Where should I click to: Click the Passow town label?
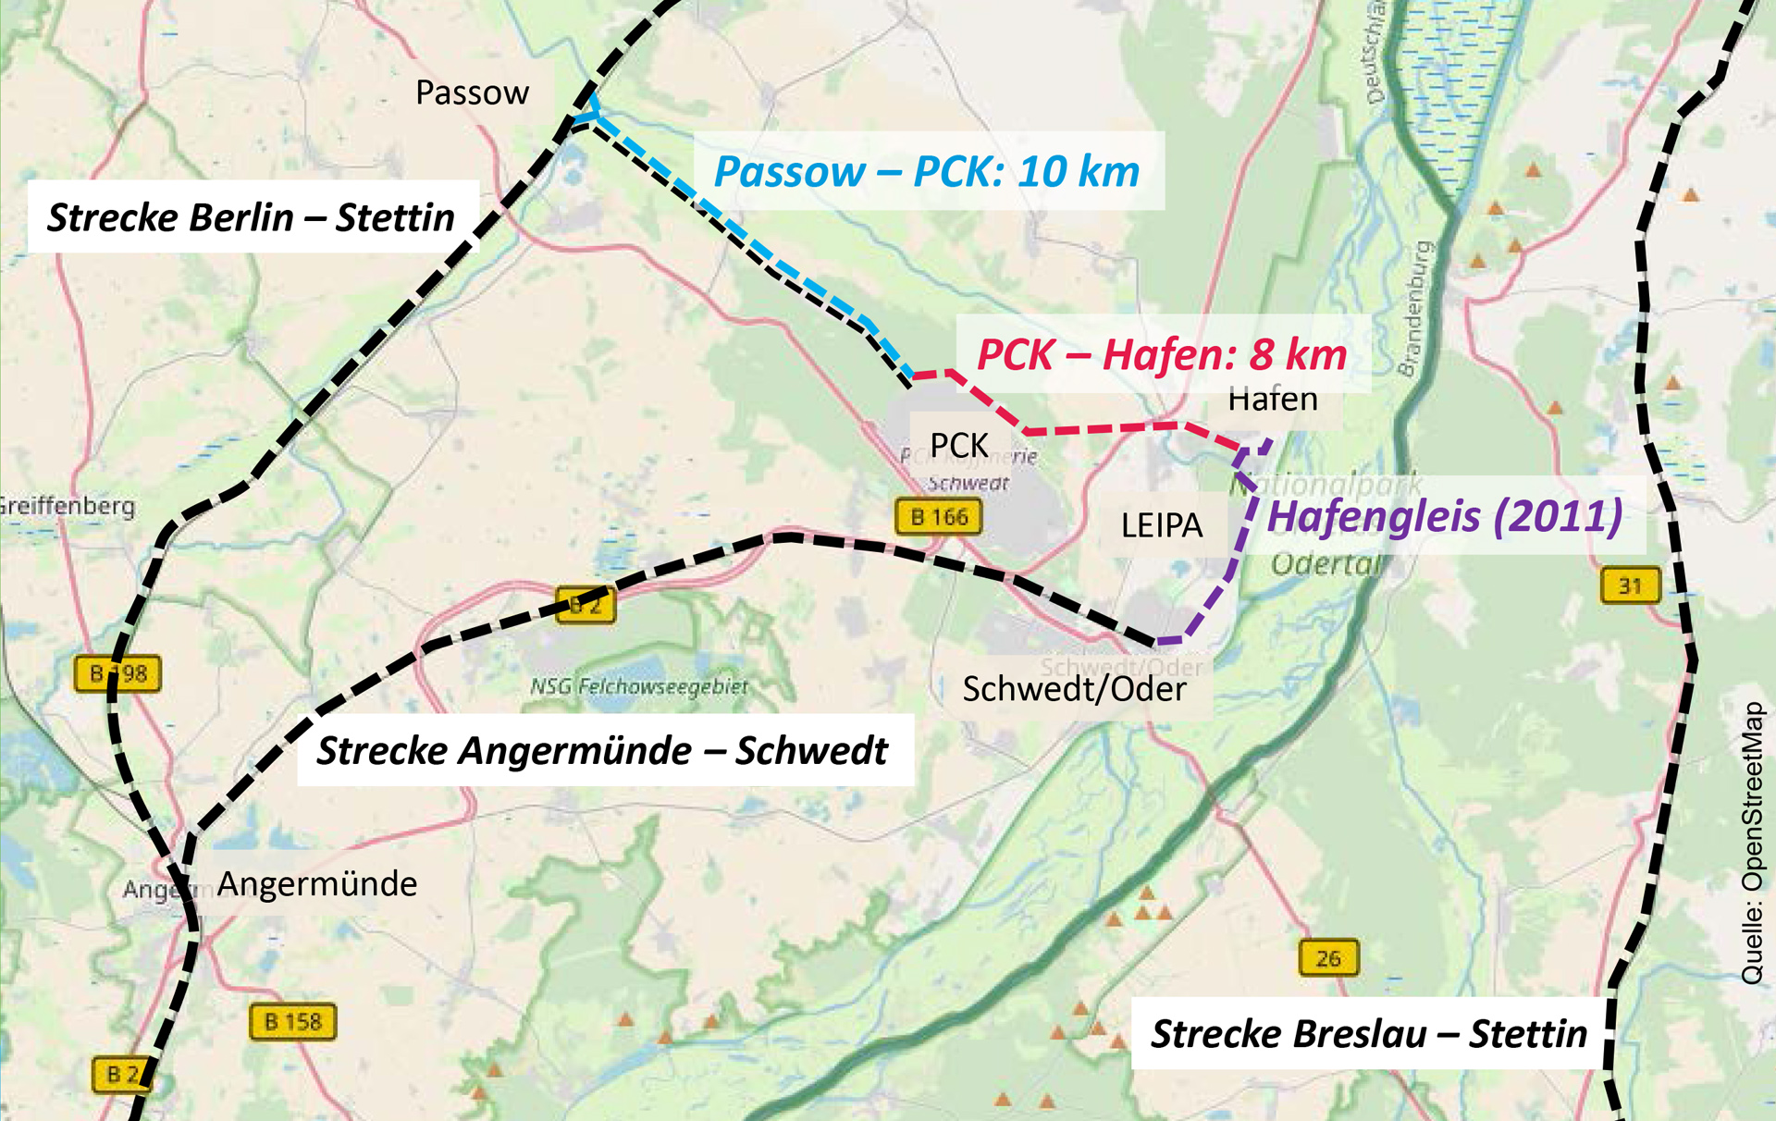tap(472, 92)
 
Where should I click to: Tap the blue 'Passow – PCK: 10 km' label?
tap(927, 172)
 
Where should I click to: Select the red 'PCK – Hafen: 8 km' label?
tap(1162, 355)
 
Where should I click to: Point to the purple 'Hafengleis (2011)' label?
tap(1444, 516)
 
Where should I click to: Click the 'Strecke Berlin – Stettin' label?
tap(251, 217)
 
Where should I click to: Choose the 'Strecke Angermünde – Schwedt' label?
tap(602, 750)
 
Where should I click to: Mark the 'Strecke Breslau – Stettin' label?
tap(1368, 1033)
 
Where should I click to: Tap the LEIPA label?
tap(1162, 525)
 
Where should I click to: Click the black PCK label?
tap(959, 445)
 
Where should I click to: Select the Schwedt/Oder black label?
tap(1074, 689)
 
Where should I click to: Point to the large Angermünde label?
tap(316, 884)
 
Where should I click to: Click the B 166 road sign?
tap(939, 517)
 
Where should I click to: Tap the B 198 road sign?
tap(117, 673)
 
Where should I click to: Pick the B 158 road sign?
tap(292, 1022)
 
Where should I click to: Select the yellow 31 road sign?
tap(1630, 585)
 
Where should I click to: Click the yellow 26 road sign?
tap(1328, 958)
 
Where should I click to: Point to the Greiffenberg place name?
tap(67, 506)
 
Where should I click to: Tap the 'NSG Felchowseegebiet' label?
tap(639, 686)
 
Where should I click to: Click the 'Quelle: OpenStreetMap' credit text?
tap(1752, 843)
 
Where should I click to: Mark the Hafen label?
tap(1273, 400)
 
